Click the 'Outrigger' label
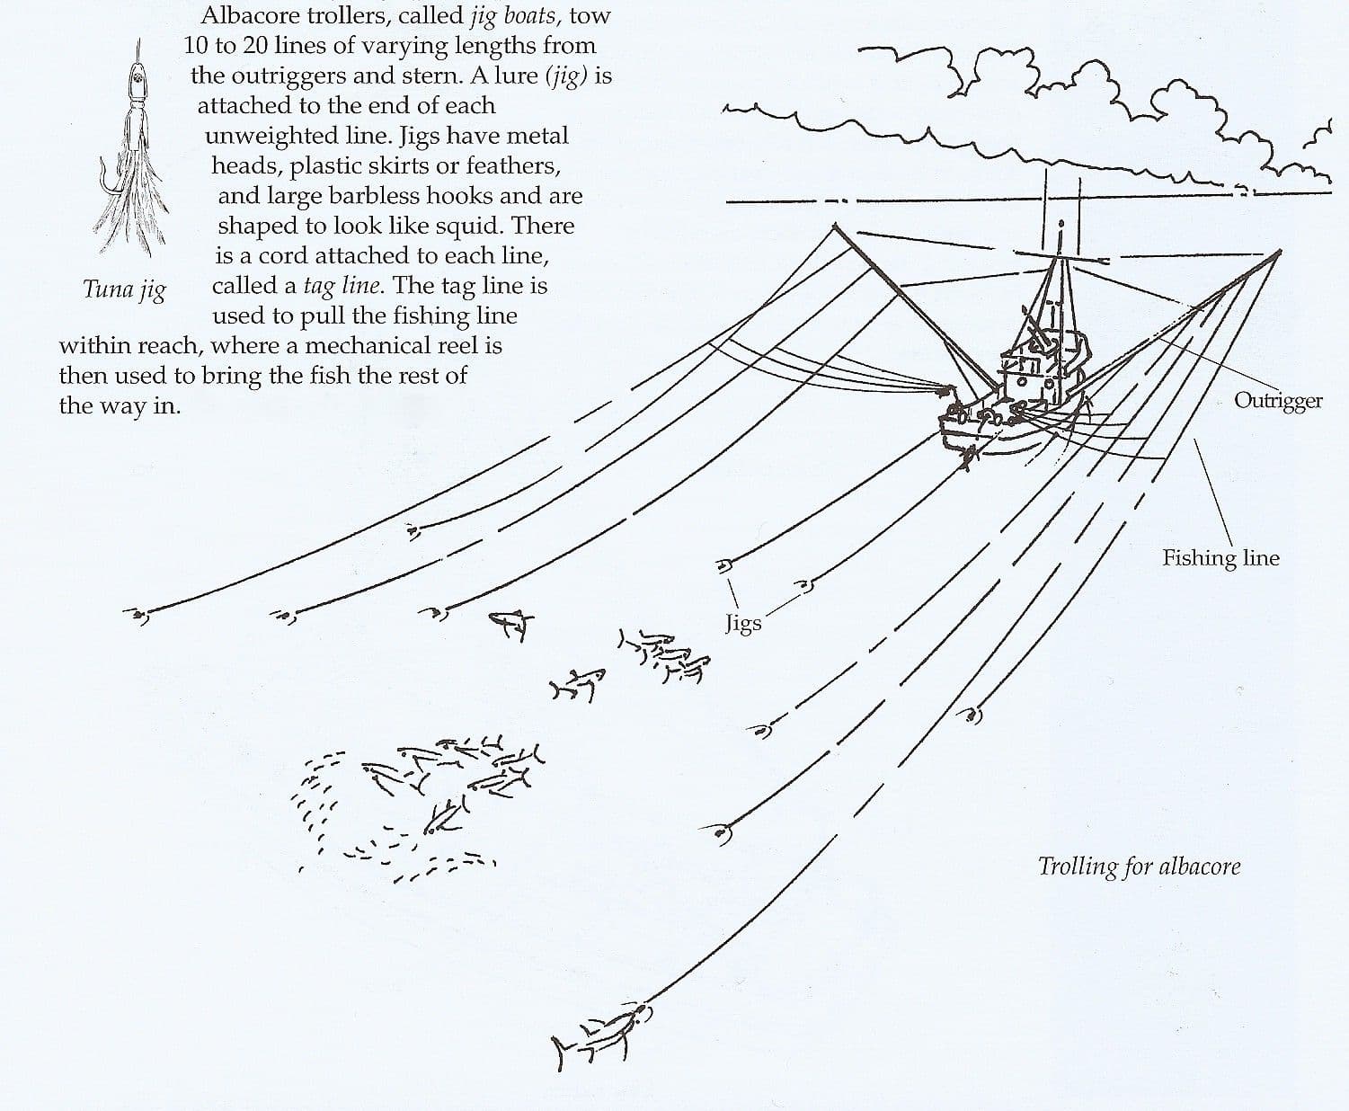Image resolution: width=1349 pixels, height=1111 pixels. coord(1277,400)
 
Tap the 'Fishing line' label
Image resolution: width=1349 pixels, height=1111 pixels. coord(1220,558)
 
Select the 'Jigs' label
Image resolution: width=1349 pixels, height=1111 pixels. coord(743,623)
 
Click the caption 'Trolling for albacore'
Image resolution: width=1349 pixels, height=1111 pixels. coord(1139,867)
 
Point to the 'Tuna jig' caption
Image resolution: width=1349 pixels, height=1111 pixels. coord(124,289)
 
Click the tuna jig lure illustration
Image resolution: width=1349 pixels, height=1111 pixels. coord(135,153)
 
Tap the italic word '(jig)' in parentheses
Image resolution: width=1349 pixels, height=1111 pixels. coord(567,76)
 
